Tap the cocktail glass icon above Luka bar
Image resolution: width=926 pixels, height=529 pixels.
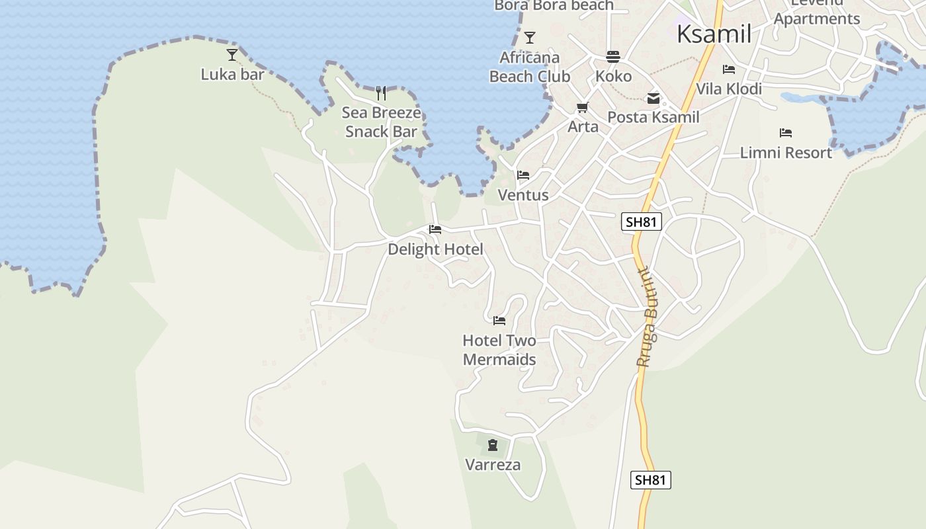(232, 54)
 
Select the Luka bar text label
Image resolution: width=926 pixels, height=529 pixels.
(232, 74)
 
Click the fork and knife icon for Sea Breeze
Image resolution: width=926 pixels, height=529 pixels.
(381, 93)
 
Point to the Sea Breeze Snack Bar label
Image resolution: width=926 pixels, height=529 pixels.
(382, 122)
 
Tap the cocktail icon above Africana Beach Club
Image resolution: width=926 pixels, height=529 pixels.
(529, 37)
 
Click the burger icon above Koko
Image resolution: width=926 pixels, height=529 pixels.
(613, 57)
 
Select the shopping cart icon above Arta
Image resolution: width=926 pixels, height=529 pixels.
(583, 107)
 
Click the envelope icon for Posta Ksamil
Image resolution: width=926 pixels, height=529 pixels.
(653, 99)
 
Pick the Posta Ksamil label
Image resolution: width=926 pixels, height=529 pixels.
(653, 117)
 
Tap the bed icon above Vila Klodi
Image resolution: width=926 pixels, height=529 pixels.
(729, 69)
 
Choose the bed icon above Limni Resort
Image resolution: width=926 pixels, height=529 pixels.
(786, 133)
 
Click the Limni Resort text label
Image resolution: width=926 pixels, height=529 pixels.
(786, 153)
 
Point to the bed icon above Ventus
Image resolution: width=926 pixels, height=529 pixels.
(523, 175)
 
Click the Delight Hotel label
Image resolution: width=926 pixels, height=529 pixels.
(435, 249)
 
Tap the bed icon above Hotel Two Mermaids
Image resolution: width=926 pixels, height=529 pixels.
(499, 321)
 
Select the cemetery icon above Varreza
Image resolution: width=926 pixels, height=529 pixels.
(493, 444)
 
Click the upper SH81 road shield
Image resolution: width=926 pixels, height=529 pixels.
(642, 222)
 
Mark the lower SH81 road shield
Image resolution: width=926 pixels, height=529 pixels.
(650, 480)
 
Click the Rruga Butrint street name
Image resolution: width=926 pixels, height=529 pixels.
(646, 317)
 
